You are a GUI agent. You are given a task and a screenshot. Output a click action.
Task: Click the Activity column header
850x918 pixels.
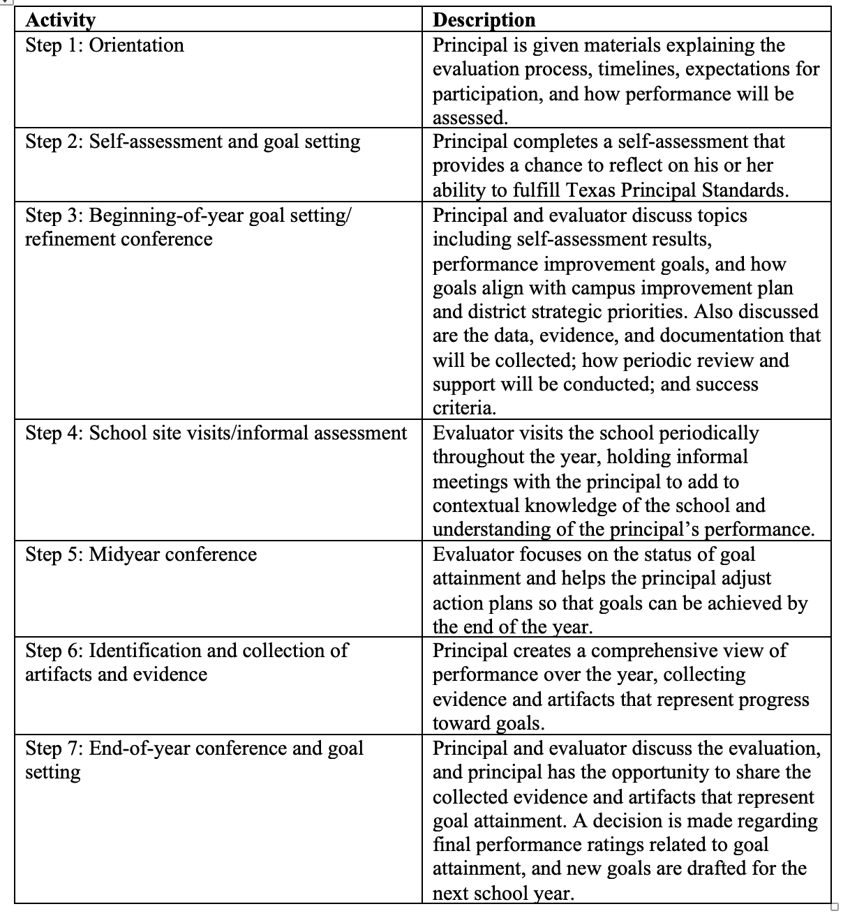60,20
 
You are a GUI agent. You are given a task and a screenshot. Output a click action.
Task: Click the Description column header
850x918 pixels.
484,20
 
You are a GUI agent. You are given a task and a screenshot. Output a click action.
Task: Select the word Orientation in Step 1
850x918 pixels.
137,45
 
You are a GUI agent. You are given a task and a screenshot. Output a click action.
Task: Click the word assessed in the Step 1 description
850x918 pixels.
469,117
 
